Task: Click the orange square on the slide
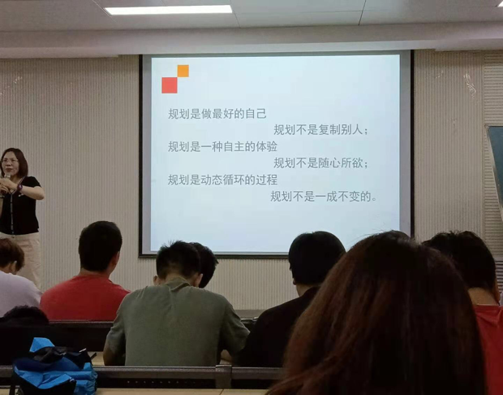pos(183,71)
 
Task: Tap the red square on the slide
pos(170,85)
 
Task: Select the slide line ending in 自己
pos(217,114)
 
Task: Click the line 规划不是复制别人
pos(320,130)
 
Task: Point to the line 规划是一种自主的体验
pos(222,146)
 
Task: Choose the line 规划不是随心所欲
pos(320,163)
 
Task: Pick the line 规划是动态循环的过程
pos(222,180)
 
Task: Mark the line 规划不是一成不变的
pos(324,196)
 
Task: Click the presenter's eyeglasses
pos(10,161)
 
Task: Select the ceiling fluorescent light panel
pos(169,10)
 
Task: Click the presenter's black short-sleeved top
pos(19,206)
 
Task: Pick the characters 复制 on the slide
pos(329,130)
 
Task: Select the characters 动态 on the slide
pos(212,180)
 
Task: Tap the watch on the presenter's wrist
pos(19,188)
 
